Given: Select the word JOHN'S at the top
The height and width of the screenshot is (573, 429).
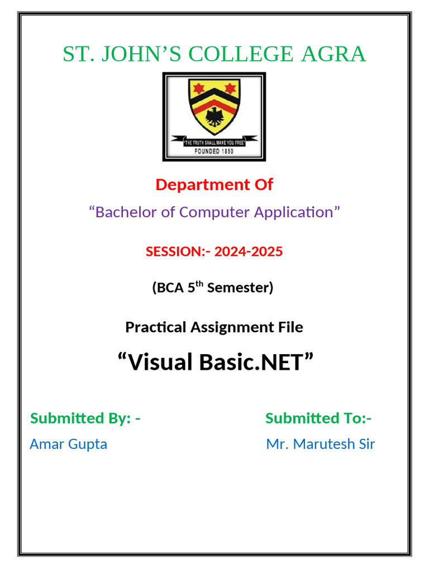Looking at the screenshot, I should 145,54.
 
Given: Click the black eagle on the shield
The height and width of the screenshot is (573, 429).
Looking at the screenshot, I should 213,116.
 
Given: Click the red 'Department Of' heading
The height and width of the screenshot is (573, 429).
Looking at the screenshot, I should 214,185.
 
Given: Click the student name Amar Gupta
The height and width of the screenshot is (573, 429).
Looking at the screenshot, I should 68,444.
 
